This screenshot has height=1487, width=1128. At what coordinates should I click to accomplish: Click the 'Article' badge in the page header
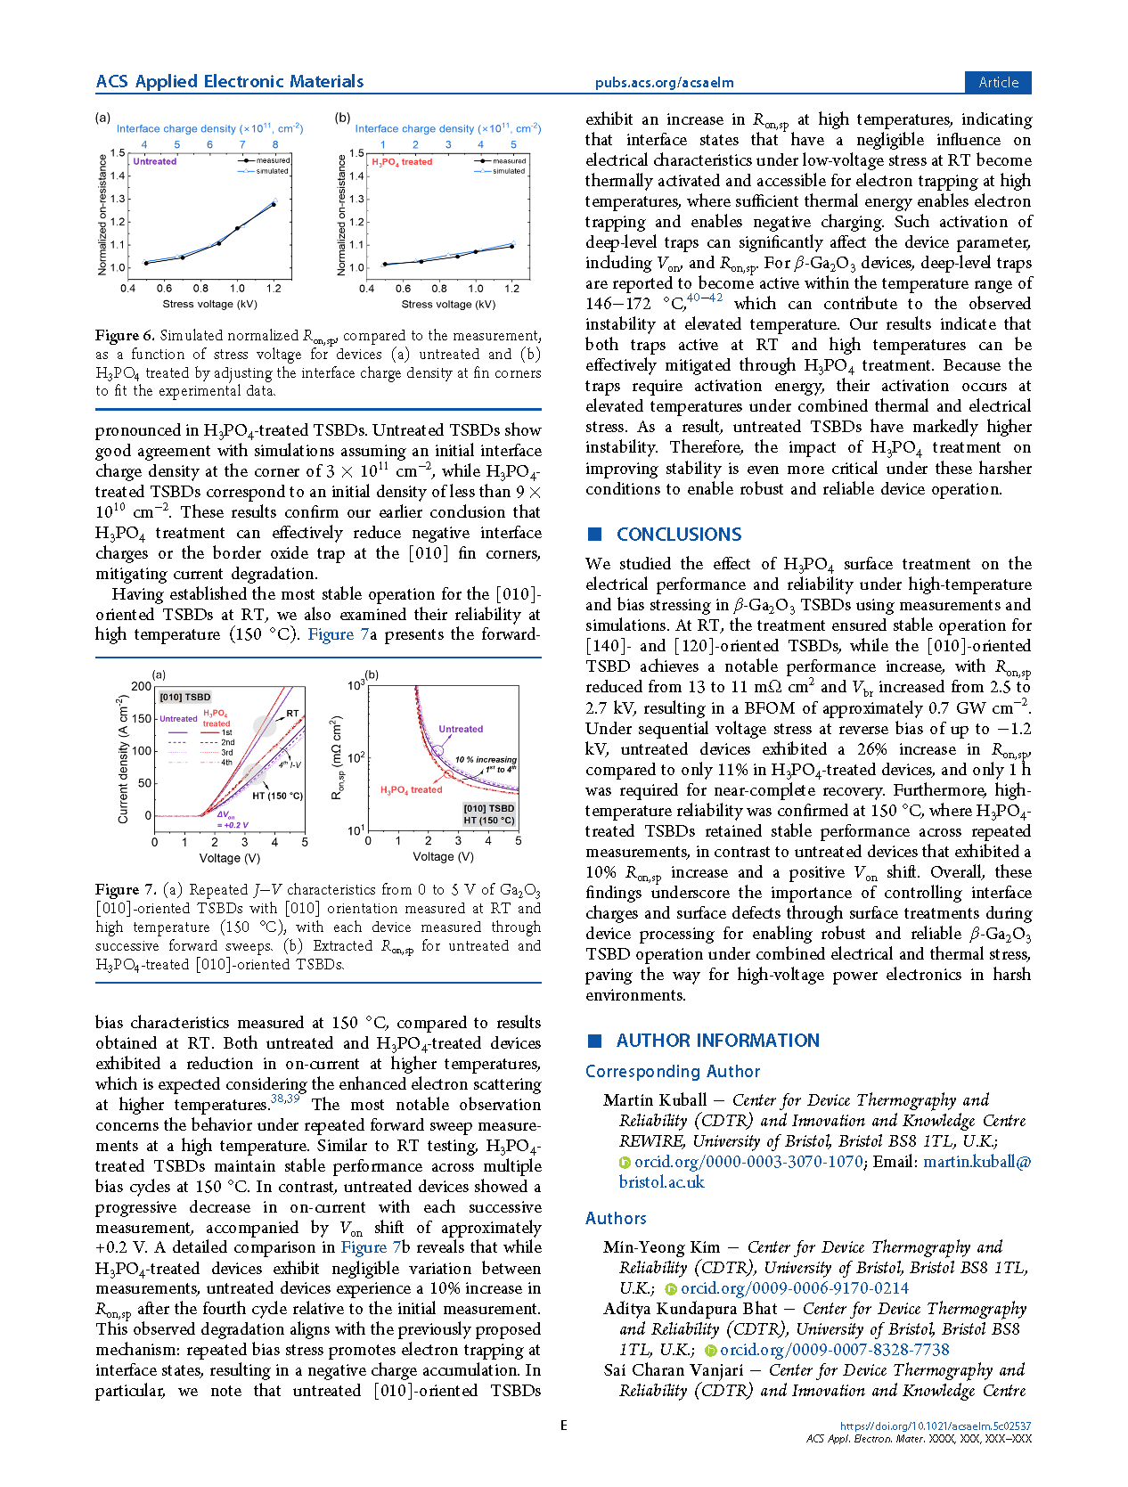click(998, 82)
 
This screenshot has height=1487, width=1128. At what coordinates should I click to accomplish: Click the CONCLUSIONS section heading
click(678, 535)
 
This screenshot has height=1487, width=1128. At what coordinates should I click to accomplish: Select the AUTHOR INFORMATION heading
click(717, 1041)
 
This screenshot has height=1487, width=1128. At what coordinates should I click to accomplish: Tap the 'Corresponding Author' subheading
click(673, 1071)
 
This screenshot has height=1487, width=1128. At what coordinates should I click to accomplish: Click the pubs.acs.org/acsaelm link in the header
click(664, 83)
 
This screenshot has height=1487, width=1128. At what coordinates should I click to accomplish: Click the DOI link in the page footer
click(935, 1426)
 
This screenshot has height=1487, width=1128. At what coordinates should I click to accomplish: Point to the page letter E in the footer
click(564, 1426)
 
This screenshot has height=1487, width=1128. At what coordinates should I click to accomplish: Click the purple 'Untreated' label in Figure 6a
click(155, 161)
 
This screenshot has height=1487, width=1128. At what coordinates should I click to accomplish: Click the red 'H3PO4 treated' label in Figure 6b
click(402, 162)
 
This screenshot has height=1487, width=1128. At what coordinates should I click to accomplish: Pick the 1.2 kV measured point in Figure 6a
click(274, 205)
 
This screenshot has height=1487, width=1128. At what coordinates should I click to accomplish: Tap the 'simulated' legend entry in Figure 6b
click(509, 170)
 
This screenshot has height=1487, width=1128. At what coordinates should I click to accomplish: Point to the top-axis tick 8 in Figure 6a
click(275, 144)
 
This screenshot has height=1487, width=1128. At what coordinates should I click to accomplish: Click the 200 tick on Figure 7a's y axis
click(141, 686)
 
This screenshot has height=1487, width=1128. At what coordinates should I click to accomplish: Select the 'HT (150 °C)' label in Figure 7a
click(277, 796)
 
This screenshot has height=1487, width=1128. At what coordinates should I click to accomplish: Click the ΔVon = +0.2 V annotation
click(233, 820)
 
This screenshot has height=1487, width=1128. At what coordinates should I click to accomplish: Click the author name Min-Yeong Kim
click(661, 1247)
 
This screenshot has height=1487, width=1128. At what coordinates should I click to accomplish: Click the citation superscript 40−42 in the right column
click(704, 298)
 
